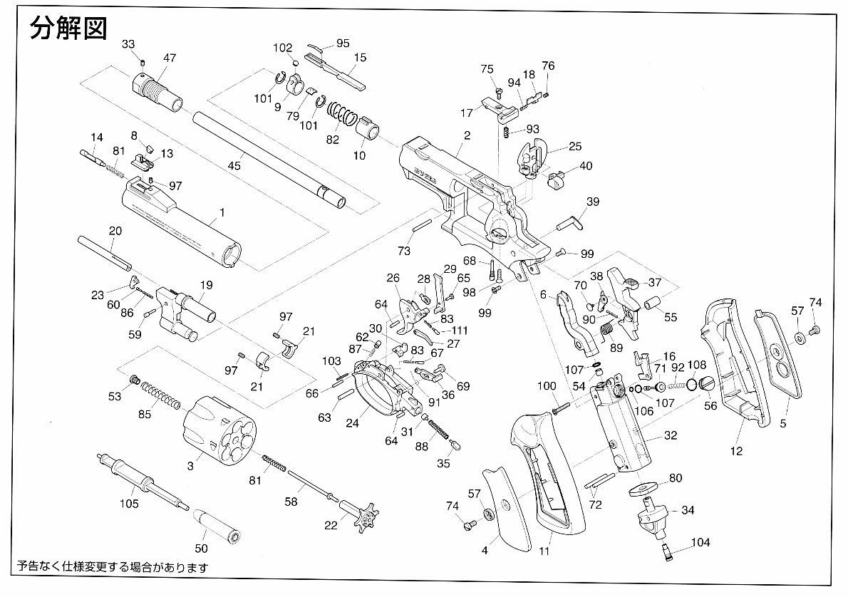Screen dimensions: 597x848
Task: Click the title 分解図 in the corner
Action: tap(68, 28)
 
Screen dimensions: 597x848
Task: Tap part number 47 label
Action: tap(170, 58)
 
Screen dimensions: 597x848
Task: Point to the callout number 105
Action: tap(129, 504)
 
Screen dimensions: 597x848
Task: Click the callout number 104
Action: tap(700, 542)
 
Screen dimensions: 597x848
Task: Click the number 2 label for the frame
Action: tap(467, 135)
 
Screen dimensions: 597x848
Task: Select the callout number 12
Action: tap(736, 450)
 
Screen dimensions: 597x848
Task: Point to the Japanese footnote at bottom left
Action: tap(112, 568)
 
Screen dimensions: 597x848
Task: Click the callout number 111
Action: tap(459, 331)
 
